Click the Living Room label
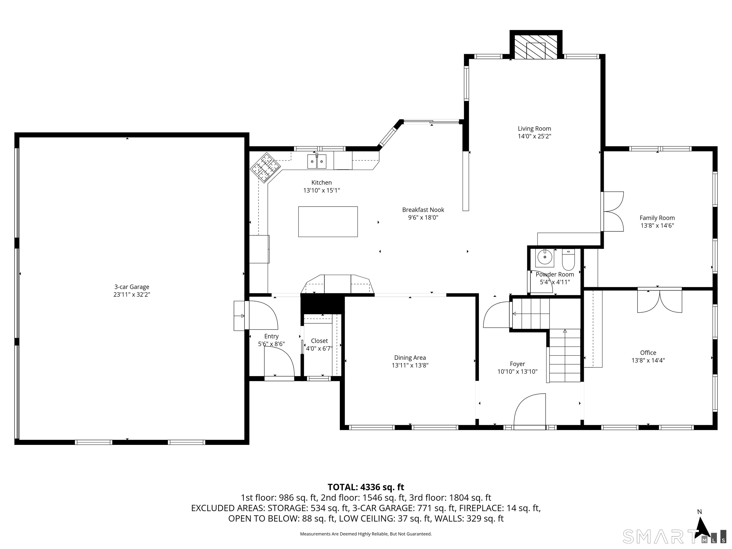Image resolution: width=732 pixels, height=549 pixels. [534, 129]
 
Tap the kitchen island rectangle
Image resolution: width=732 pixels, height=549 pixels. [328, 221]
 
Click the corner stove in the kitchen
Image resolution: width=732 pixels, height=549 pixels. [265, 168]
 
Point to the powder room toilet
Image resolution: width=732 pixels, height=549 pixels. [569, 260]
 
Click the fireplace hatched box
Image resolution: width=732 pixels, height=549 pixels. [535, 47]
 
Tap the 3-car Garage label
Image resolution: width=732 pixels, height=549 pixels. [132, 287]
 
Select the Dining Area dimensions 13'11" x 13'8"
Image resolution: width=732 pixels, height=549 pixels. [410, 365]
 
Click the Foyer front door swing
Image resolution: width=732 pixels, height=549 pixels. [529, 410]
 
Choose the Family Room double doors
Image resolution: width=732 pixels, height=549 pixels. [613, 211]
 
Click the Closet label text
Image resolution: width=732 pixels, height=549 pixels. [319, 341]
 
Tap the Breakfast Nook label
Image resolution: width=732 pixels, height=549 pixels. [423, 210]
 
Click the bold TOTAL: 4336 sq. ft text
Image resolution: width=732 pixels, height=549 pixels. [366, 487]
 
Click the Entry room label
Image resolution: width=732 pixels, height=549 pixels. [271, 336]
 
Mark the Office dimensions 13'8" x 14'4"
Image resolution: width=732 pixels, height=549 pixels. [648, 360]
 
